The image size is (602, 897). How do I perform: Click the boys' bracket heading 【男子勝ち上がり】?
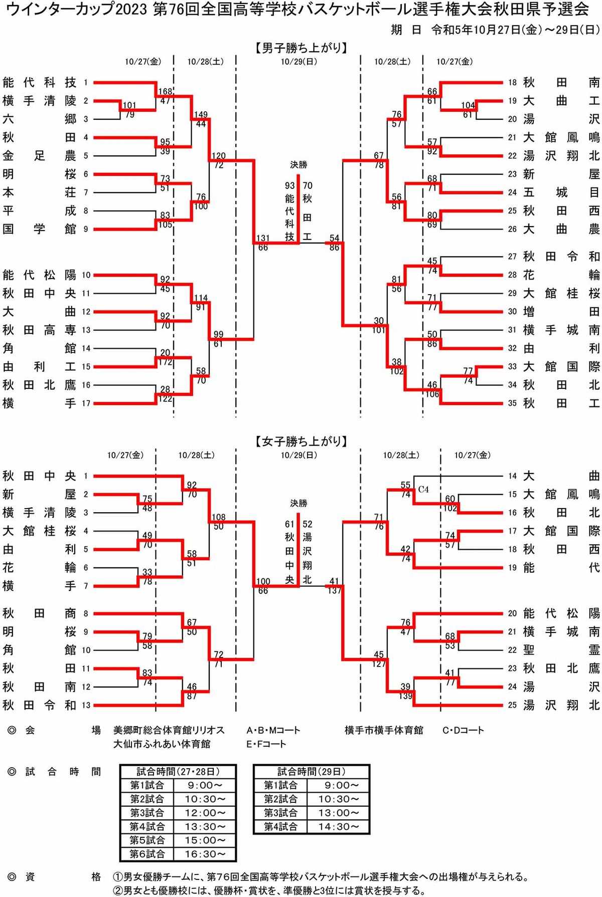coord(301,48)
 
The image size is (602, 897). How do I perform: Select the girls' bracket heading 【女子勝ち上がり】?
coord(301,441)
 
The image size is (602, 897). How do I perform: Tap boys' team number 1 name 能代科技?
coord(39,83)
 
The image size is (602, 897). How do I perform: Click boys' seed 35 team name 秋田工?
coord(561,403)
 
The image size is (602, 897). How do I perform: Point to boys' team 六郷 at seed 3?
coord(39,119)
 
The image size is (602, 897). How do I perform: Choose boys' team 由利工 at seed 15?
coord(39,367)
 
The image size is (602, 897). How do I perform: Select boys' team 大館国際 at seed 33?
coord(561,367)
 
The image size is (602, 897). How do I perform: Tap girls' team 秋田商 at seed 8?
coord(39,613)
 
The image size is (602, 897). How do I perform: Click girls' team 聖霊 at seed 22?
coord(561,650)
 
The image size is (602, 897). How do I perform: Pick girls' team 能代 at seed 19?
coord(561,568)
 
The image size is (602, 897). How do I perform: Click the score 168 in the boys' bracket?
coord(165,92)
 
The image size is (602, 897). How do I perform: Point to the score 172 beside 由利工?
coord(165,362)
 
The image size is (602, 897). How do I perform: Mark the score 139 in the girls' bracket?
coord(405,696)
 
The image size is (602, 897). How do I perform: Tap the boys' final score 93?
coord(290,185)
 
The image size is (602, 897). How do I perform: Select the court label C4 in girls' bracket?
coord(423,490)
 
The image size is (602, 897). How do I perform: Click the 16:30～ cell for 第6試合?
coord(205,854)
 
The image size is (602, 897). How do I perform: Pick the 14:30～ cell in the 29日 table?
coord(339,826)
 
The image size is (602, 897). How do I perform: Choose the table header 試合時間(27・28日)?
coord(178,772)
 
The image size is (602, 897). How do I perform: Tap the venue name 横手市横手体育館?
coord(384,730)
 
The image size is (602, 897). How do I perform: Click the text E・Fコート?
coord(266,744)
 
